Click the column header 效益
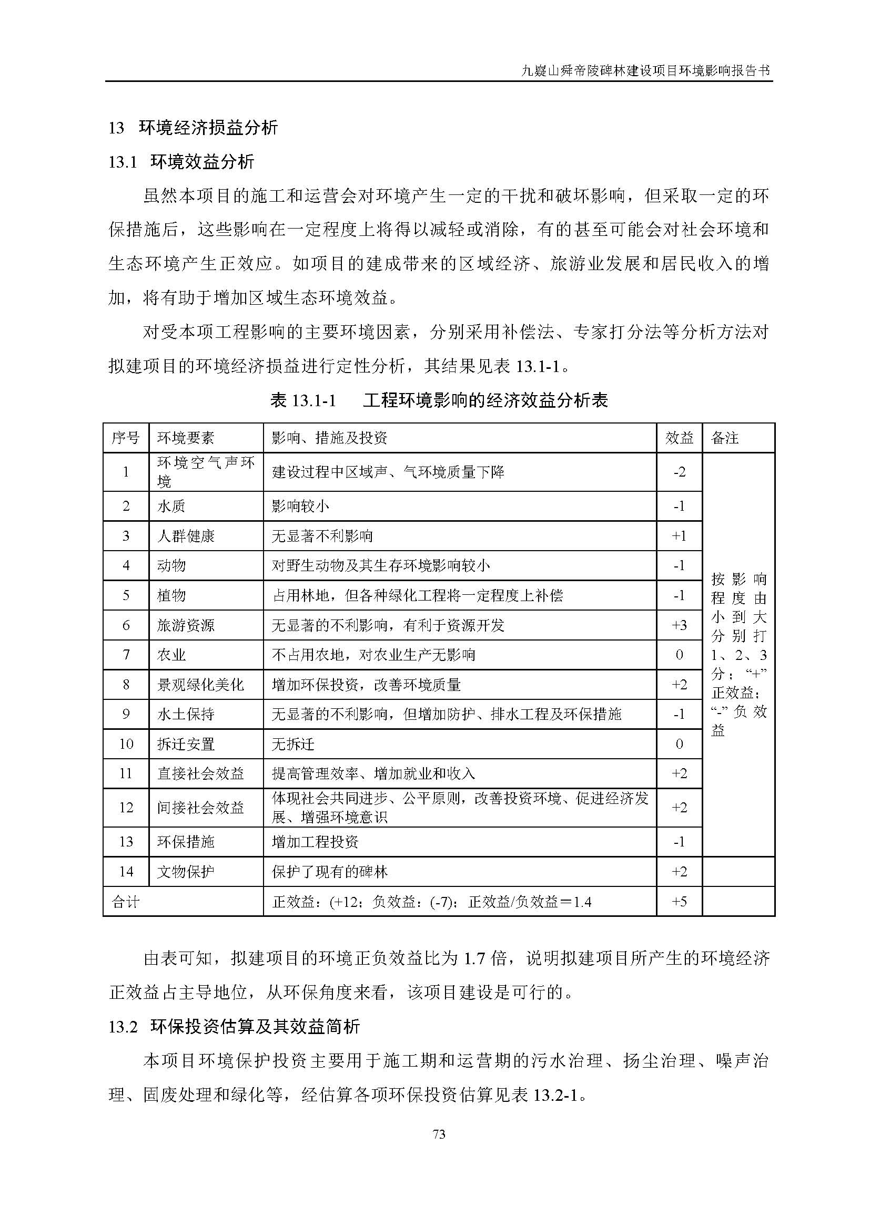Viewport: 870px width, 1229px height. pos(679,438)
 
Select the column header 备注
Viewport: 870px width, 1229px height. pos(724,438)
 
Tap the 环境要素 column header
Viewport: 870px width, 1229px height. pos(185,438)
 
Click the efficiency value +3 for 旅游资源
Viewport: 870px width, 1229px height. pos(679,625)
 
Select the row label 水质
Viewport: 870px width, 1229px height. pos(171,507)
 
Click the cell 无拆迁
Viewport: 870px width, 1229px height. pos(293,744)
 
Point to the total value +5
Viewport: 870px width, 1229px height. pos(679,902)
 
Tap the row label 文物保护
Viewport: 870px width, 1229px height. pos(185,871)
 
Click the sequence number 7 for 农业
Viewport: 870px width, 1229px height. pos(126,655)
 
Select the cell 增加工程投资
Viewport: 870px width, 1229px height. pos(315,841)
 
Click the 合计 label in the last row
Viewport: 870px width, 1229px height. pos(125,902)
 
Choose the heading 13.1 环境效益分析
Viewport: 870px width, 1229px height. pos(181,162)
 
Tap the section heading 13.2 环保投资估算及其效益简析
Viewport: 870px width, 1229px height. pos(234,1026)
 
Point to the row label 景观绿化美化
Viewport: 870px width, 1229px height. pos(200,685)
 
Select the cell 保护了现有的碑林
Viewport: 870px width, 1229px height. pos(329,871)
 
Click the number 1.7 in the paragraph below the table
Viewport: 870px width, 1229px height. pos(474,958)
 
